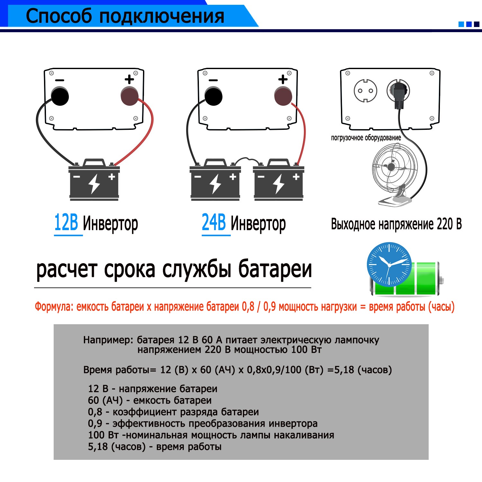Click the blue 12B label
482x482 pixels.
click(66, 222)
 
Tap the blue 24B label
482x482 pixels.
click(214, 222)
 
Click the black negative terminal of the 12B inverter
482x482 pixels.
click(60, 96)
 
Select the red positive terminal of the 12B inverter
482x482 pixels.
click(129, 96)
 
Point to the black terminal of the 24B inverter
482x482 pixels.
click(213, 96)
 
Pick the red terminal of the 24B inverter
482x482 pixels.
click(283, 96)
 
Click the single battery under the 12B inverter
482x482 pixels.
click(94, 182)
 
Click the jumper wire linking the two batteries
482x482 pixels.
click(246, 159)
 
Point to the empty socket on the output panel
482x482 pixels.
click(365, 91)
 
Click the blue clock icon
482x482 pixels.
click(389, 264)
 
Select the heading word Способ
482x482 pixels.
click(58, 16)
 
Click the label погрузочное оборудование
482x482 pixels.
click(366, 138)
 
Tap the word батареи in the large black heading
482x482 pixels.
click(275, 269)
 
